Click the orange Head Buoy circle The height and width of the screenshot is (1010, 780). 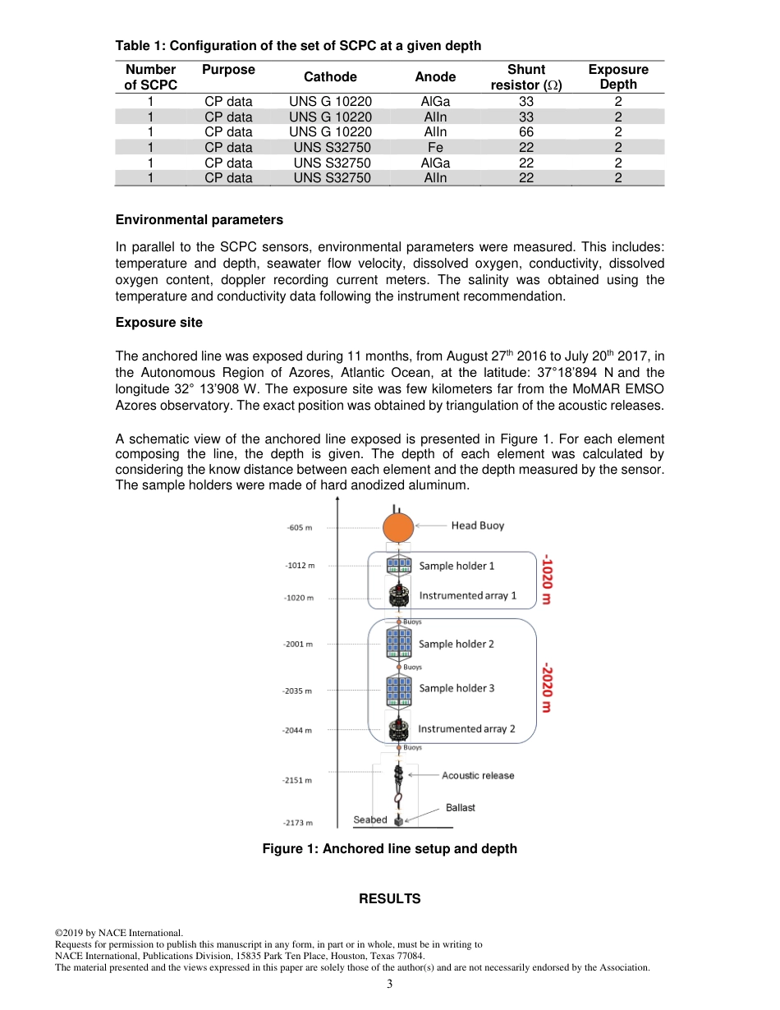398,528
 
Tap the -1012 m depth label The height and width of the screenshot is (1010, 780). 300,566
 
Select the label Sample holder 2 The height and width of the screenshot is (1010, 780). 457,645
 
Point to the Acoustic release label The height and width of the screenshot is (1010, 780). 478,775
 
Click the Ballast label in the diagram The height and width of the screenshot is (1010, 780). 461,808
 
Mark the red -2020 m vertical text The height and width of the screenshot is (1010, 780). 546,689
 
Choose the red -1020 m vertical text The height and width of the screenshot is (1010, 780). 546,581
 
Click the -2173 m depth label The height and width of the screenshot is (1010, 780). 298,822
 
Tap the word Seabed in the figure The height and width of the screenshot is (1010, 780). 370,819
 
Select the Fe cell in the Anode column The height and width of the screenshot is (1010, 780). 435,148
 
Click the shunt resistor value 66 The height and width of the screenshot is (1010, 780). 526,132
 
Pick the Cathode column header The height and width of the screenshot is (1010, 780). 330,77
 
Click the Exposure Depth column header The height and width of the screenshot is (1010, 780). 617,77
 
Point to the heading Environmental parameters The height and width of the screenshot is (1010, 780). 200,220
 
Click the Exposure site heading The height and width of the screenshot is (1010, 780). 158,322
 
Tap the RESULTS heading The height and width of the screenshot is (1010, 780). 389,899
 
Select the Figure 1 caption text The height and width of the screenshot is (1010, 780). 389,849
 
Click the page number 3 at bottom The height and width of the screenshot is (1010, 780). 390,985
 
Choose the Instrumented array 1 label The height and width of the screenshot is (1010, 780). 468,595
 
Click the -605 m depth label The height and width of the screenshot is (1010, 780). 300,527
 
